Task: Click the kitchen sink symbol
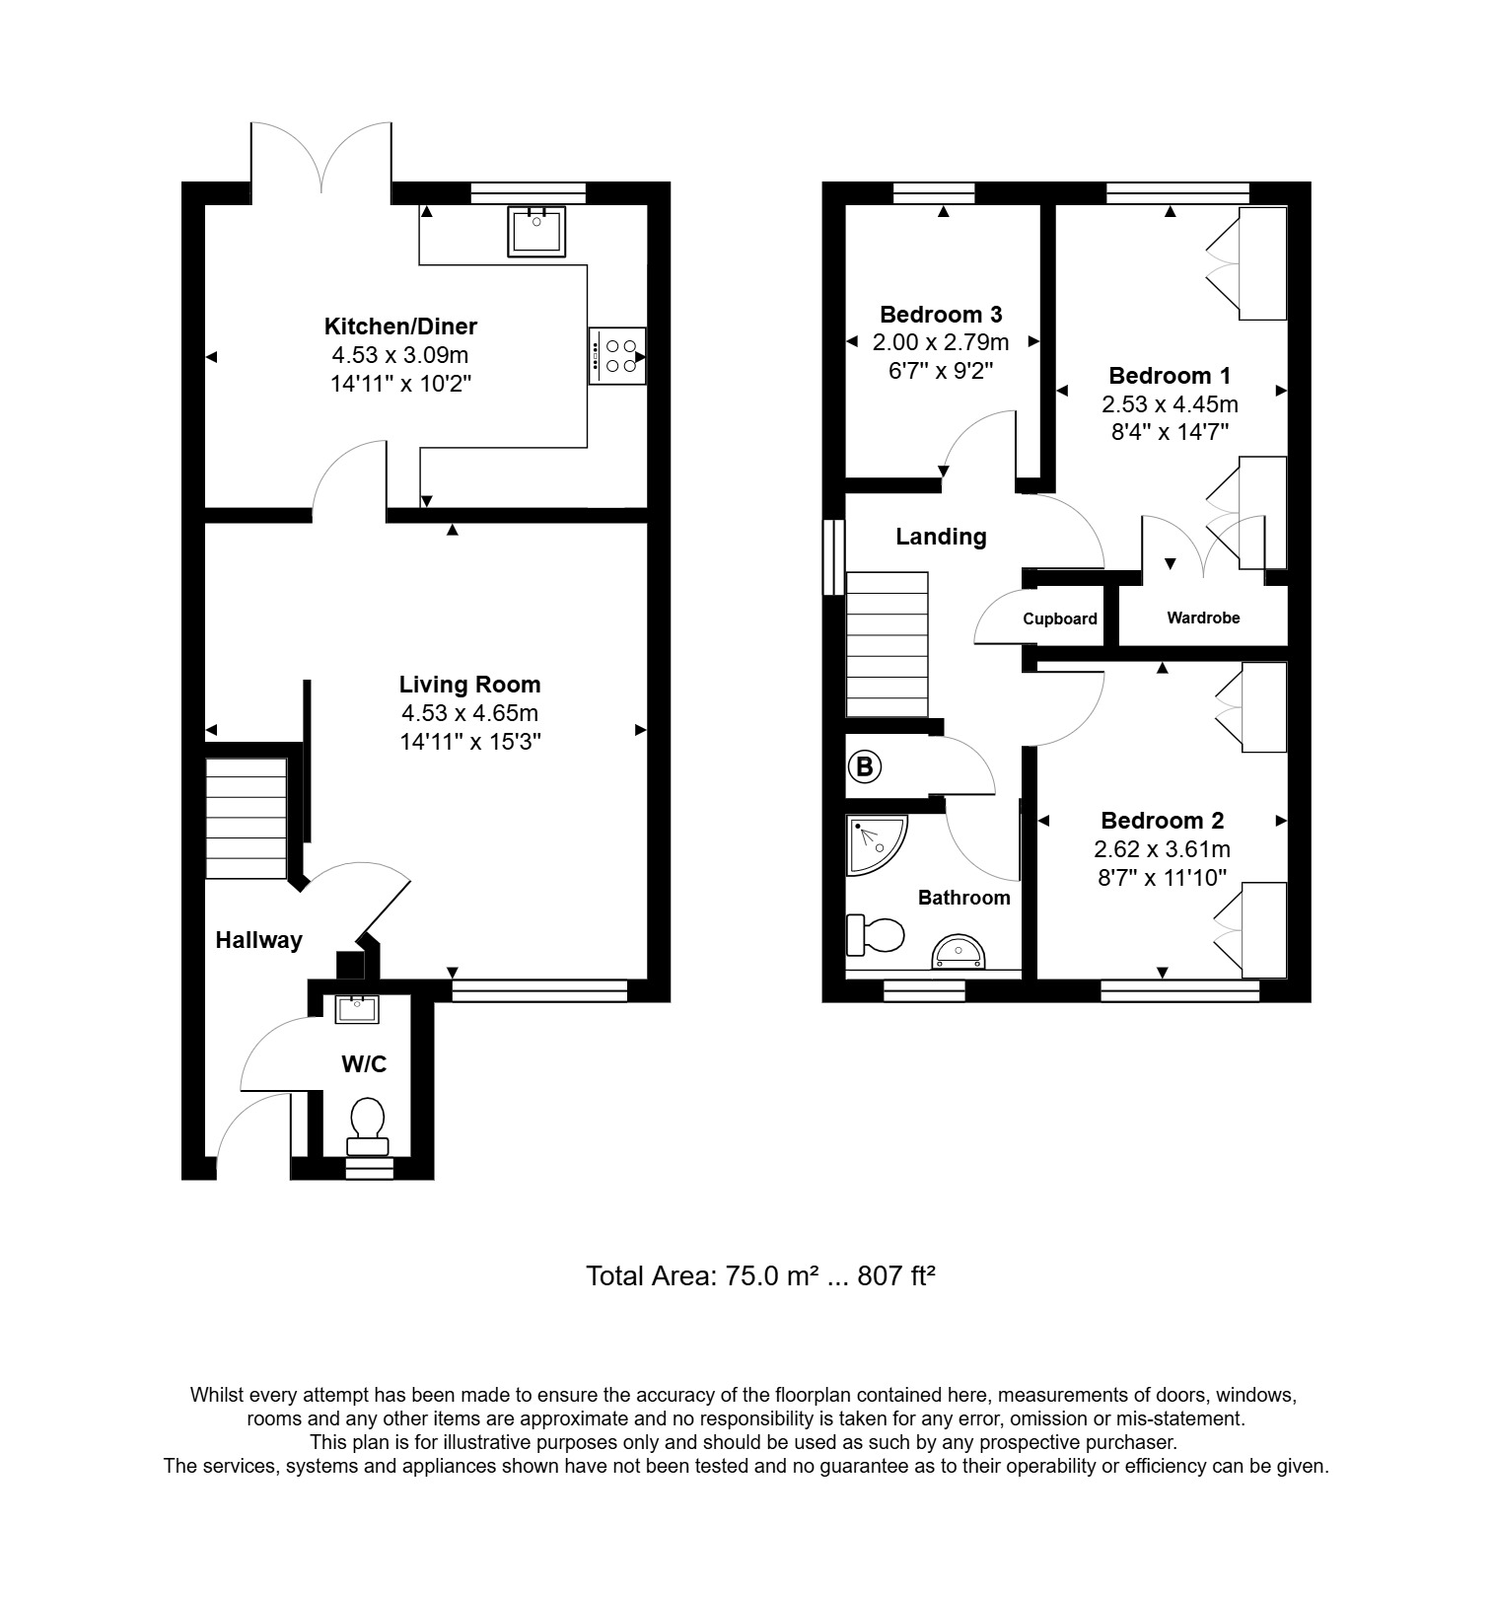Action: point(536,231)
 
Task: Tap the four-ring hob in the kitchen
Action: point(618,356)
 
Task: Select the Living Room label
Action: point(469,685)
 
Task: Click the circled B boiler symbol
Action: point(864,766)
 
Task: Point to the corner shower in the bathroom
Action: point(875,844)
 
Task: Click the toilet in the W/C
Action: point(368,1126)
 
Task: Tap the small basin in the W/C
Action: point(356,1009)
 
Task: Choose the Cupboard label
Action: point(1060,619)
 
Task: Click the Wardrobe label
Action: point(1203,618)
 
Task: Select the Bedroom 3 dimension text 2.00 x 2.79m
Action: point(941,343)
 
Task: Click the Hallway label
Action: point(258,941)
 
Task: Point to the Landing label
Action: point(941,537)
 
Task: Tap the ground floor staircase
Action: point(246,818)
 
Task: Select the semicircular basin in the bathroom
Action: point(958,952)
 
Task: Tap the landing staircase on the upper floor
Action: point(887,644)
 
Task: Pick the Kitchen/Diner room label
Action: point(400,327)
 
